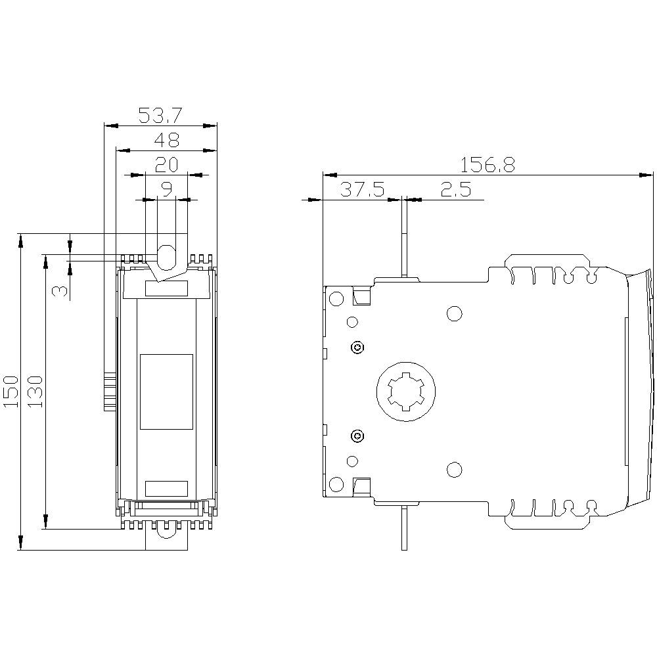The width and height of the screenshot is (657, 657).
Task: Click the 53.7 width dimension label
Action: pyautogui.click(x=160, y=115)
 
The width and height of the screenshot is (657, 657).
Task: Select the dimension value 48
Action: pyautogui.click(x=166, y=140)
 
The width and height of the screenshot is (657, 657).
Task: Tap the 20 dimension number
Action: pyautogui.click(x=166, y=165)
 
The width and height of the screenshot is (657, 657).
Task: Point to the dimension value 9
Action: pyautogui.click(x=166, y=189)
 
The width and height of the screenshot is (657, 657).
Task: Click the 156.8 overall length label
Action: pyautogui.click(x=487, y=165)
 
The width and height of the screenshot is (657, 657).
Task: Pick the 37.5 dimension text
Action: pyautogui.click(x=361, y=189)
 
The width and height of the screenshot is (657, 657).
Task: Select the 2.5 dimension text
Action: pyautogui.click(x=456, y=189)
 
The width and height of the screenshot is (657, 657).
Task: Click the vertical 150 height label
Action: pyautogui.click(x=11, y=392)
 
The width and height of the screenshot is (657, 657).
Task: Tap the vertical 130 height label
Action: pyautogui.click(x=35, y=392)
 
